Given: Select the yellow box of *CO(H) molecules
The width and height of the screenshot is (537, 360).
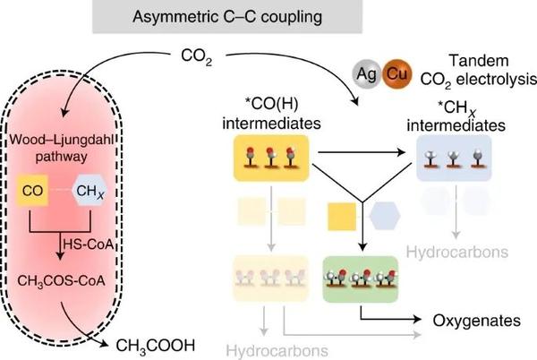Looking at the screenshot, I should [270, 159].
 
